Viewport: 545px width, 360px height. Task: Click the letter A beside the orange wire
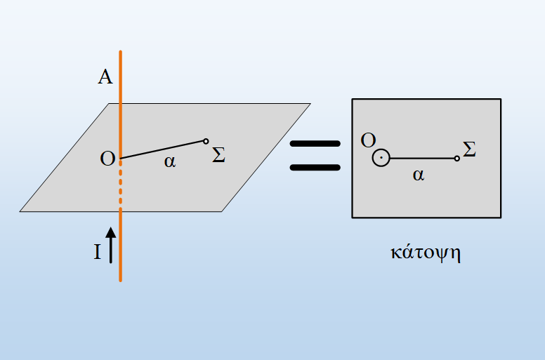pos(105,76)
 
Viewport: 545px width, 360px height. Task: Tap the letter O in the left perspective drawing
pos(107,159)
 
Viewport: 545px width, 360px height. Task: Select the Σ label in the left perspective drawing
pos(218,155)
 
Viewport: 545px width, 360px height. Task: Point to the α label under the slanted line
pos(170,161)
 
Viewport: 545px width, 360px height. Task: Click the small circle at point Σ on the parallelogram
pos(206,141)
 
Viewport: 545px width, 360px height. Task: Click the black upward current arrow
pos(111,245)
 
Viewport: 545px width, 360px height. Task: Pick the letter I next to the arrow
pos(98,252)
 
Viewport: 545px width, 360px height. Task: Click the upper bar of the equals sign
pos(315,144)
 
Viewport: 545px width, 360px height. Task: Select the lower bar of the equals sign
pos(315,168)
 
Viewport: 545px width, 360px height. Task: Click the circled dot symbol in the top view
pos(381,158)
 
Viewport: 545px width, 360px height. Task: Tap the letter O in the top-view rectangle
pos(368,140)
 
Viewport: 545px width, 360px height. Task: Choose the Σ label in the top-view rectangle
pos(469,149)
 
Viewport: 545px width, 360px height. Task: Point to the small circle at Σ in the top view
pos(457,159)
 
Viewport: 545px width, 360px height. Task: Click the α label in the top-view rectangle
pos(419,175)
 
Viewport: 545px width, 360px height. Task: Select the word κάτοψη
pos(426,253)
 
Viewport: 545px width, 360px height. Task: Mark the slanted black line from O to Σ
pos(162,149)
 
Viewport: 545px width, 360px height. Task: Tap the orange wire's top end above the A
pos(121,52)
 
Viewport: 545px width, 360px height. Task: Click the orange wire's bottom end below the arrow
pos(121,280)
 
